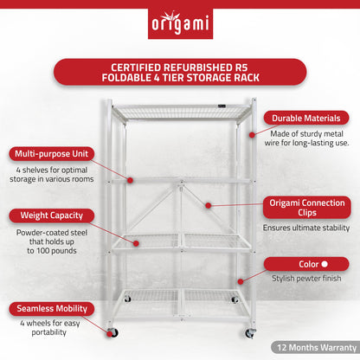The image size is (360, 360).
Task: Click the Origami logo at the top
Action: pos(179,20)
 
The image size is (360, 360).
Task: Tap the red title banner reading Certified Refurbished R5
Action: pos(179,72)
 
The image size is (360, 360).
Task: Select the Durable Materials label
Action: pos(308,118)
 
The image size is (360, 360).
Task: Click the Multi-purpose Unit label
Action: pos(51,153)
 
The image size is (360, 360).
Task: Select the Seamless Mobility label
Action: pos(51,308)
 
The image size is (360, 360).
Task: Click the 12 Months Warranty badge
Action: pos(314,348)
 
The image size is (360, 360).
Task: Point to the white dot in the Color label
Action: pos(324,264)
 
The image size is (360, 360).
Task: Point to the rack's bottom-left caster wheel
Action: pos(112,332)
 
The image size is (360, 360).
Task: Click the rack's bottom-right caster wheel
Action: pos(249,332)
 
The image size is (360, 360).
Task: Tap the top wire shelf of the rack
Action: pos(182,111)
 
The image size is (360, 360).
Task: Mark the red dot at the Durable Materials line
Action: pos(253,135)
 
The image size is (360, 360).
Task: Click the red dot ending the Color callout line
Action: pos(241,279)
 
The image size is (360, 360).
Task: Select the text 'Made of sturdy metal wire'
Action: pos(308,138)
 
